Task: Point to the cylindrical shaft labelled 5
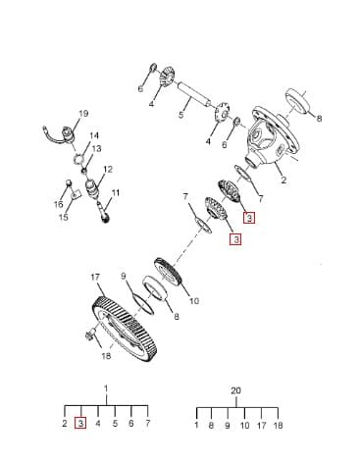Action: (194, 95)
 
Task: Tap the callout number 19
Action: (83, 114)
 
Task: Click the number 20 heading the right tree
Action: (236, 390)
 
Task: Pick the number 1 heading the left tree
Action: (106, 388)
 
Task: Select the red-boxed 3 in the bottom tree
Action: (81, 424)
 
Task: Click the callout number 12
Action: (108, 170)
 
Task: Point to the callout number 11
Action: (115, 193)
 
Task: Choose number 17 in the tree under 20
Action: (262, 426)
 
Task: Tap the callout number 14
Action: (94, 135)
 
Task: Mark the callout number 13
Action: (96, 149)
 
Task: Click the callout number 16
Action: (59, 205)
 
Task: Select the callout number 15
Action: (64, 217)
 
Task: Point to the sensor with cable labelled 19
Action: (67, 134)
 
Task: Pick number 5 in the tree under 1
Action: (115, 424)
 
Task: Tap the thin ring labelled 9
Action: (143, 303)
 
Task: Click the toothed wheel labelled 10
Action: (168, 272)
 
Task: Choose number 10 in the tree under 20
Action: (244, 426)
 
